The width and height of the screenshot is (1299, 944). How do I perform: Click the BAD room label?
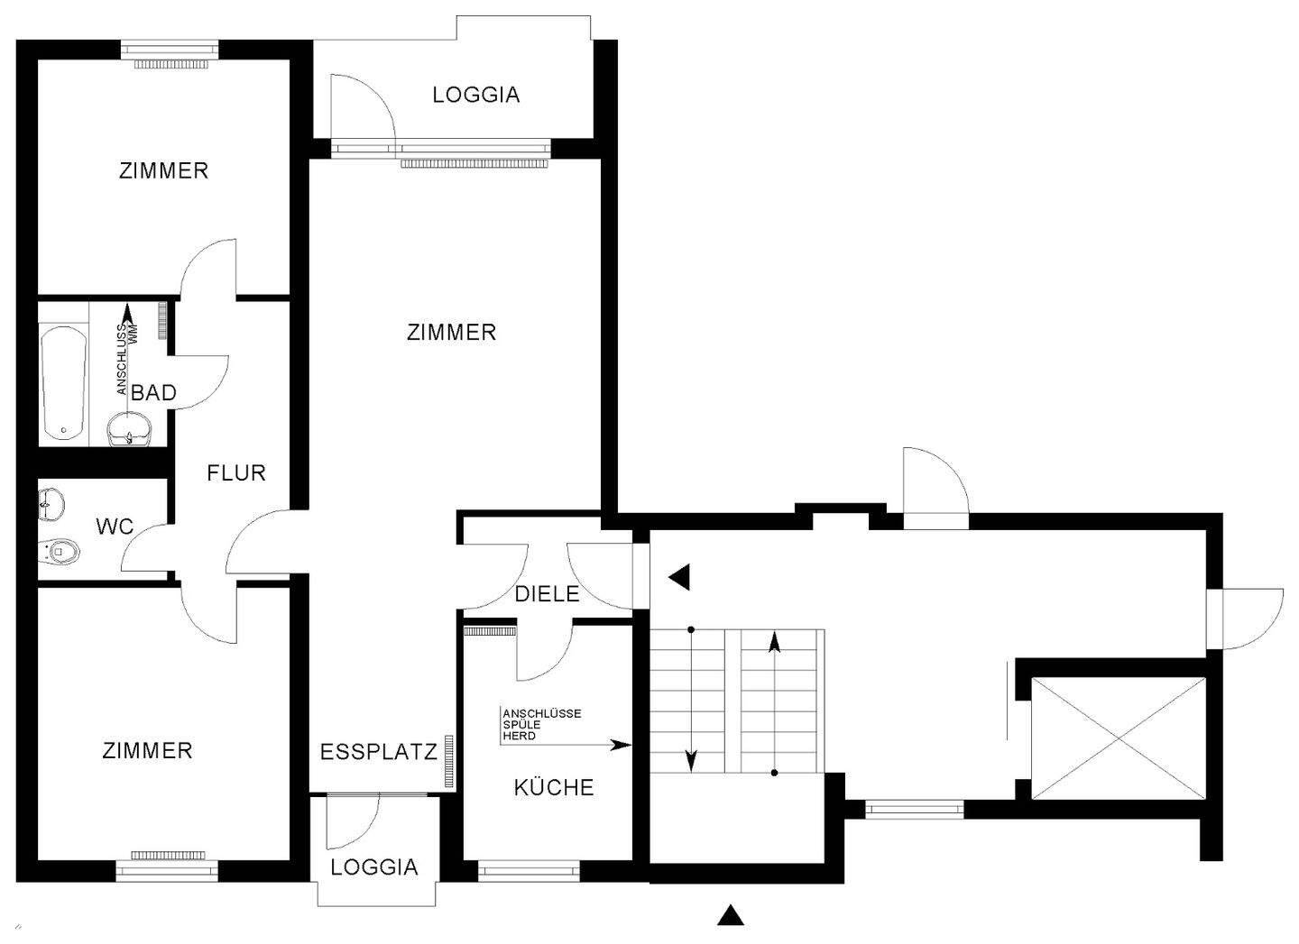153,393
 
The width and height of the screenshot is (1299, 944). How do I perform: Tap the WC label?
115,527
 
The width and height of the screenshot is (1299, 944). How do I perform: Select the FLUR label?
236,473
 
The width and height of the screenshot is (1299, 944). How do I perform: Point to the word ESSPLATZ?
379,752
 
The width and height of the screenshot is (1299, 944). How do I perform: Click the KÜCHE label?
554,787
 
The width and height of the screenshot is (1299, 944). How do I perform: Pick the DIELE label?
547,594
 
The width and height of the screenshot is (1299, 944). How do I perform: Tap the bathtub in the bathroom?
64,383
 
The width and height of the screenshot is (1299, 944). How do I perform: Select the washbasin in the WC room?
51,505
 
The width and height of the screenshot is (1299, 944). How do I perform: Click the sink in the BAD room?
130,429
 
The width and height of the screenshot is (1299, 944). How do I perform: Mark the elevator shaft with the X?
1119,738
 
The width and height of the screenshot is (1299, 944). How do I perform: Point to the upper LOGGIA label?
476,95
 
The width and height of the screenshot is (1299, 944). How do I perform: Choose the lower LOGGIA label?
374,867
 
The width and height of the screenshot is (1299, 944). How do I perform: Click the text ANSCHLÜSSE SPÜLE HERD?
541,724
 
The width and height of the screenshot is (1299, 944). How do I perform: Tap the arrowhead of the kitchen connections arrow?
622,746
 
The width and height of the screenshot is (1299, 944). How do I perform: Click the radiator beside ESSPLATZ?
449,761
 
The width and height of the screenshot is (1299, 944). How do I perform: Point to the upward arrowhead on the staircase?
774,643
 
